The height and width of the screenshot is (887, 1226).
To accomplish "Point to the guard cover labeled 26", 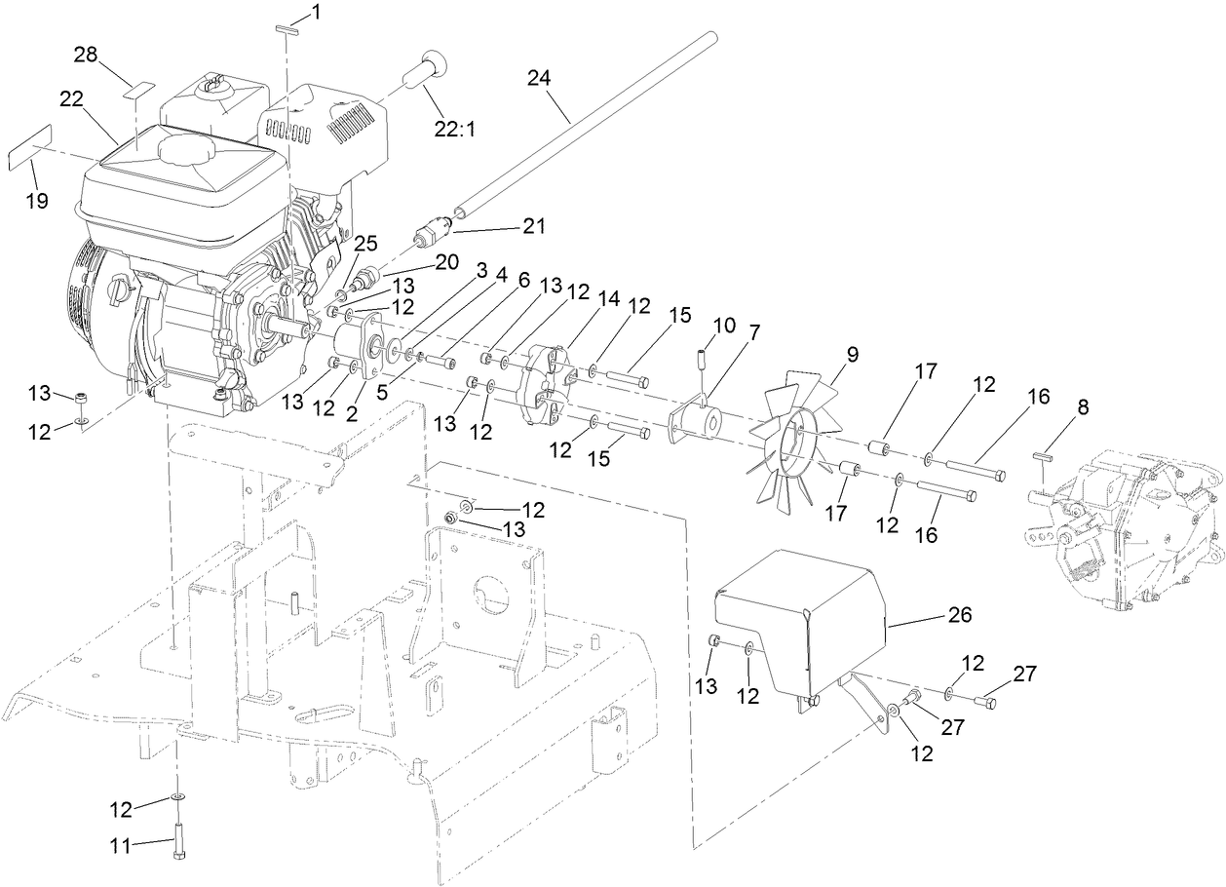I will [799, 614].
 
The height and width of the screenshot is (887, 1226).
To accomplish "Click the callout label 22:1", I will [455, 129].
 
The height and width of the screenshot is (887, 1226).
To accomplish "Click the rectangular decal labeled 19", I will [30, 154].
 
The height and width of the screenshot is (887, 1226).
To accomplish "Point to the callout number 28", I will [86, 54].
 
